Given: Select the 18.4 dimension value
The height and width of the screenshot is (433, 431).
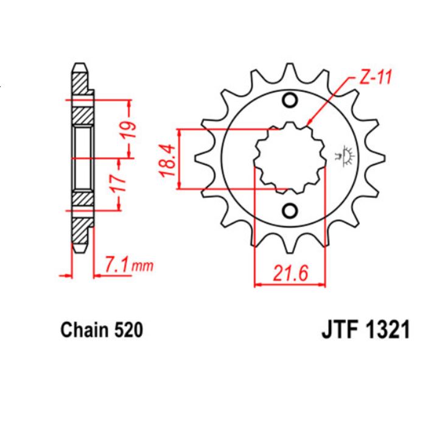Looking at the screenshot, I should click(169, 160).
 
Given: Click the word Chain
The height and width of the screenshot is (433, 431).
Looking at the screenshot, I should click(81, 331).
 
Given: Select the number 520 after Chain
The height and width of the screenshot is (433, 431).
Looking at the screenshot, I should click(128, 331).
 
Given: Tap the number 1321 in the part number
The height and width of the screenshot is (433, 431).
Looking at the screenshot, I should click(382, 331).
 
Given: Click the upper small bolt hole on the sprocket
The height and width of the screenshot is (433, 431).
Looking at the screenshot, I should click(290, 101).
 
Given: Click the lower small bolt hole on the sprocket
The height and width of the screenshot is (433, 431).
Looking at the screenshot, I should click(290, 211).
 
